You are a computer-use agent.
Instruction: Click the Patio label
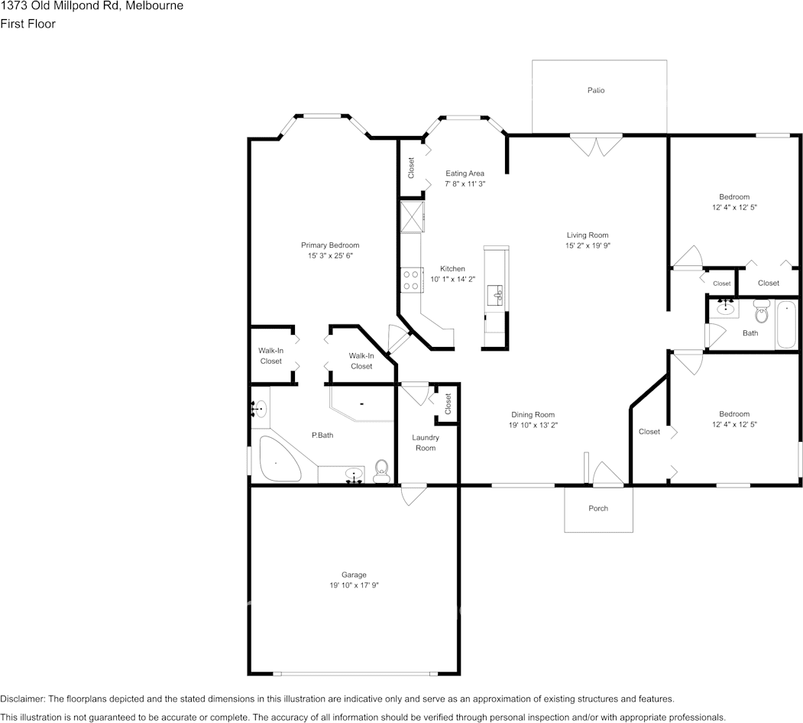(x=596, y=90)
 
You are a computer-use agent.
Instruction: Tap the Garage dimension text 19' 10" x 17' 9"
(x=354, y=585)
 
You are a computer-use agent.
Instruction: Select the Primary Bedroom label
(x=329, y=245)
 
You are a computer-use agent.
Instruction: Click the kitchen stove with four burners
(x=411, y=280)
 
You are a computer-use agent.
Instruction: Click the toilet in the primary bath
(x=381, y=472)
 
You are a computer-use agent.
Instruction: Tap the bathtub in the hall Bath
(x=785, y=326)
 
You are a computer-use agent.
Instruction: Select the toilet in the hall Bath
(x=760, y=312)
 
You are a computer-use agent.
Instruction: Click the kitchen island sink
(x=497, y=293)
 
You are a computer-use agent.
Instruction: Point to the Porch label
(x=598, y=508)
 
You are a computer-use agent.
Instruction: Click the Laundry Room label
(x=426, y=443)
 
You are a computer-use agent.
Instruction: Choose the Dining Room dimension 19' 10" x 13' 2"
(x=533, y=425)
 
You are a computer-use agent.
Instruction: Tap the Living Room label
(x=587, y=235)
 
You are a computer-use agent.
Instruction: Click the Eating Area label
(x=465, y=173)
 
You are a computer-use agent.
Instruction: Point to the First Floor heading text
(x=28, y=24)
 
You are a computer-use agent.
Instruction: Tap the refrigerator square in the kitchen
(x=411, y=216)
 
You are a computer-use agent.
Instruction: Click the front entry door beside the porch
(x=608, y=475)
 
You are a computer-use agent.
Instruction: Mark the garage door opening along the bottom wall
(x=355, y=673)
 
